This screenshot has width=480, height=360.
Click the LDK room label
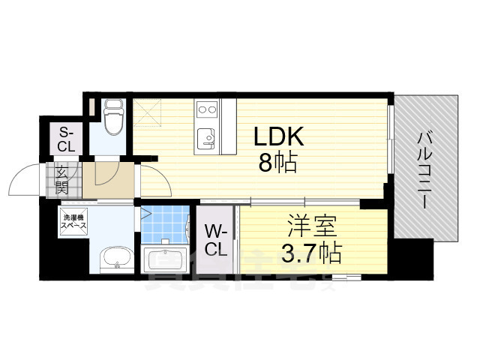277,136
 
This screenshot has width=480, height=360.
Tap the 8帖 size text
277,163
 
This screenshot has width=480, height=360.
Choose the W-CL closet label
216,238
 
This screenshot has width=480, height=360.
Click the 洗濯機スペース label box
74,220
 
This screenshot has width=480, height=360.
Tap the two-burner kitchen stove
206,110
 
